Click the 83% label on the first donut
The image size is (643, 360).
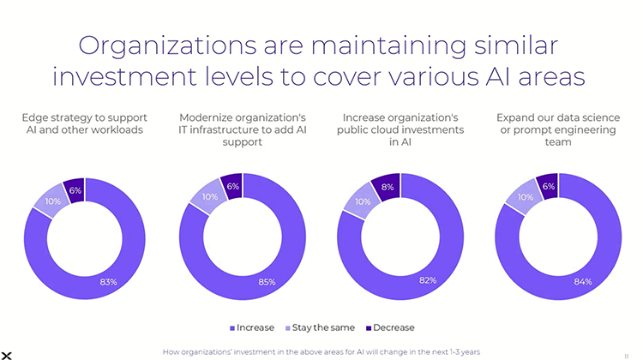pyautogui.click(x=108, y=282)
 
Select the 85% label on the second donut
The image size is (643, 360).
pyautogui.click(x=266, y=281)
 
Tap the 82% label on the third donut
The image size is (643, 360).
pyautogui.click(x=428, y=280)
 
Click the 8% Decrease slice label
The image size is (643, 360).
pyautogui.click(x=388, y=188)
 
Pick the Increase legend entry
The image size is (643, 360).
pyautogui.click(x=252, y=327)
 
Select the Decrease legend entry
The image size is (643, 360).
pyautogui.click(x=390, y=327)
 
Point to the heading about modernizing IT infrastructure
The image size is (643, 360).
pyautogui.click(x=242, y=129)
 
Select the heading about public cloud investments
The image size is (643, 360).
pyautogui.click(x=403, y=129)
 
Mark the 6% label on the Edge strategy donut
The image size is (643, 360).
pyautogui.click(x=75, y=189)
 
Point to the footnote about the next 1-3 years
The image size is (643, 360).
pyautogui.click(x=321, y=351)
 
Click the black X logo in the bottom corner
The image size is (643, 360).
pyautogui.click(x=7, y=354)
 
